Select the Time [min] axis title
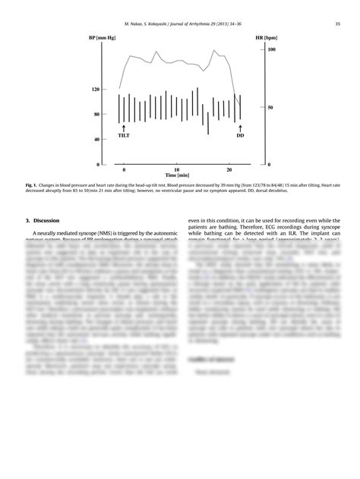point(177,175)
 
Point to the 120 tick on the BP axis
point(96,90)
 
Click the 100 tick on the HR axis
point(271,49)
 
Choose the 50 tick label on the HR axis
point(270,107)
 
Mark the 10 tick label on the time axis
point(176,169)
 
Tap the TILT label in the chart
point(124,135)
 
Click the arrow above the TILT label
point(124,128)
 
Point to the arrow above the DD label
point(240,128)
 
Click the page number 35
point(337,24)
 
